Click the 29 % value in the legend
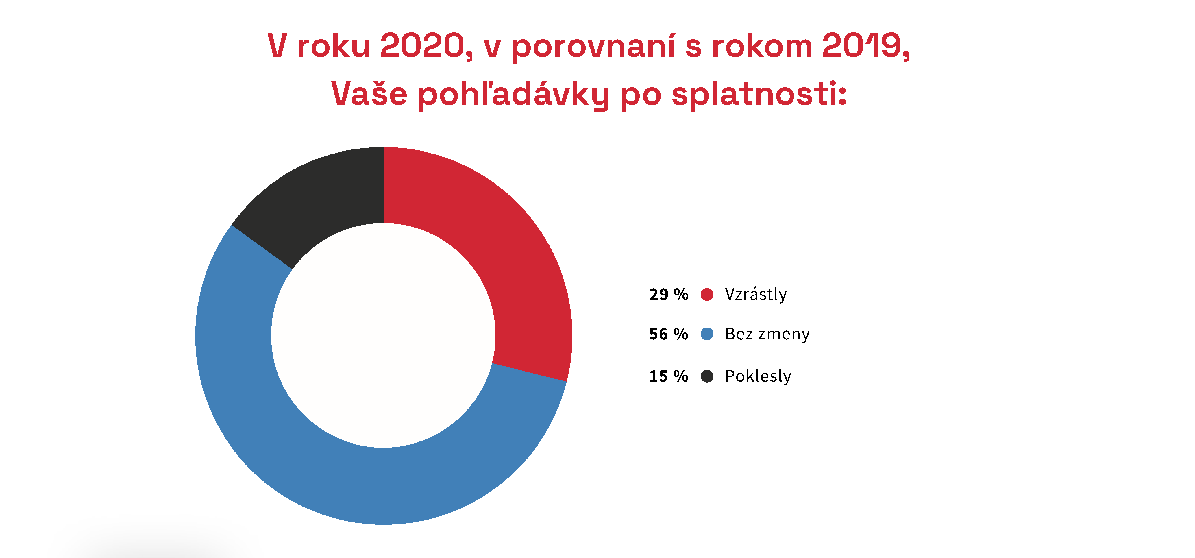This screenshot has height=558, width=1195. click(x=669, y=294)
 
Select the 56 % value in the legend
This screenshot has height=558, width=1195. click(x=669, y=334)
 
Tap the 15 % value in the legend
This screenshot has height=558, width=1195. click(x=669, y=376)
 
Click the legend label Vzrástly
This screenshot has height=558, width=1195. click(x=756, y=294)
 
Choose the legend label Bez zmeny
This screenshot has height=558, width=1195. click(x=767, y=334)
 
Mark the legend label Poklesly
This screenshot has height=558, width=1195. click(x=758, y=376)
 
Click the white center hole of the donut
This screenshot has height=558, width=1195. click(x=383, y=335)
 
